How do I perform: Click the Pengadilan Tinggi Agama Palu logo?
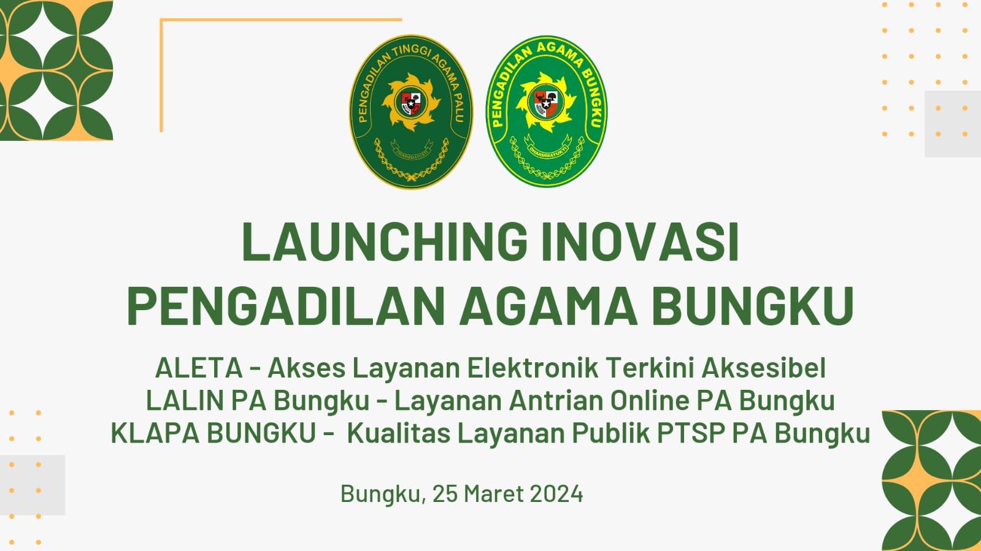click(x=411, y=112)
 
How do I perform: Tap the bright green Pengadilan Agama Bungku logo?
click(x=546, y=111)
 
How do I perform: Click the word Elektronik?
click(x=533, y=368)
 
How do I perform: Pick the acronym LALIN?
click(x=185, y=401)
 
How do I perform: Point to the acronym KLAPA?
click(x=155, y=433)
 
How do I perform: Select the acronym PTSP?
click(x=691, y=433)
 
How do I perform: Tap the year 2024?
click(x=556, y=494)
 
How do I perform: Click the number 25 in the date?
click(x=444, y=494)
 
